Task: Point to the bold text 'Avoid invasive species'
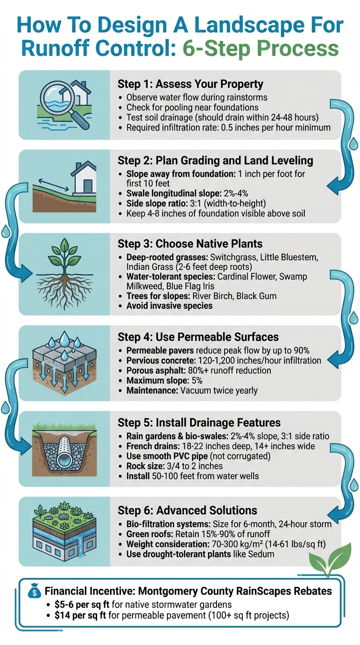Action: click(x=169, y=306)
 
